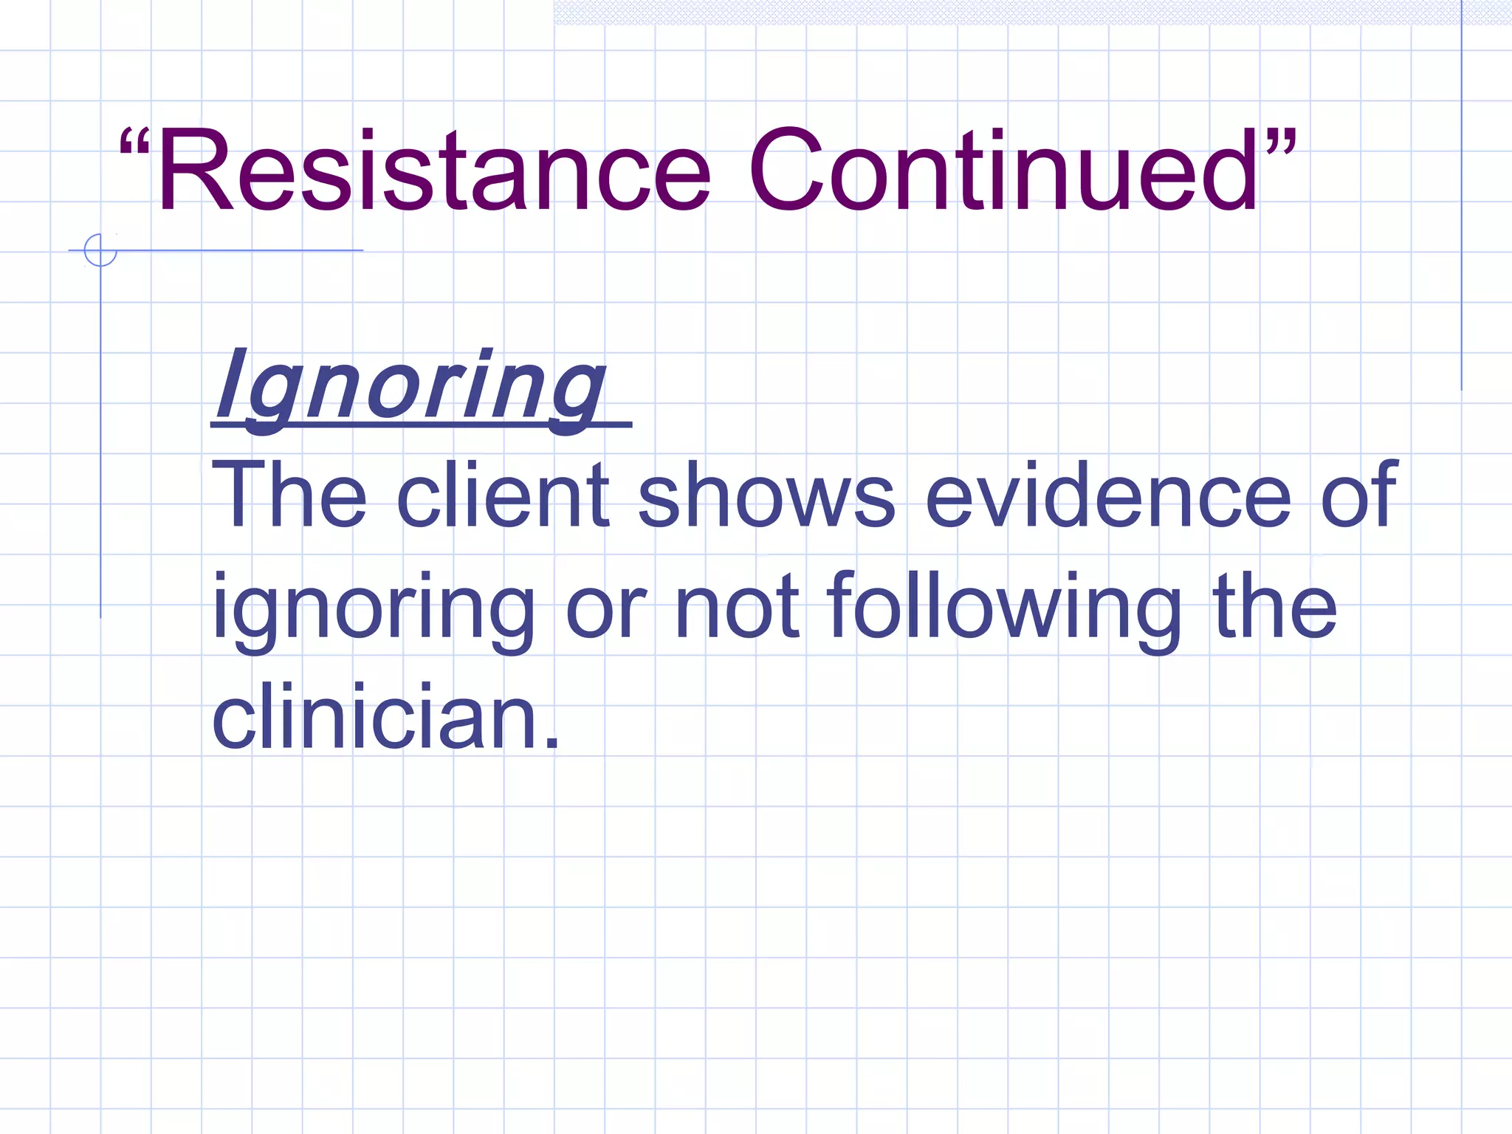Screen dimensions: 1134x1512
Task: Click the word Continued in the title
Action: click(1004, 171)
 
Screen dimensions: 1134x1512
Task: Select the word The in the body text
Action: click(289, 495)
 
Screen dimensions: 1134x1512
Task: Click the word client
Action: click(503, 495)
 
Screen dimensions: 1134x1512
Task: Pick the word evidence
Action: click(1108, 495)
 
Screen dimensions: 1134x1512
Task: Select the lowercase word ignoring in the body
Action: click(374, 610)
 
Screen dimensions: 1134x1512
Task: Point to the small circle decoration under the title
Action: click(100, 250)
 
